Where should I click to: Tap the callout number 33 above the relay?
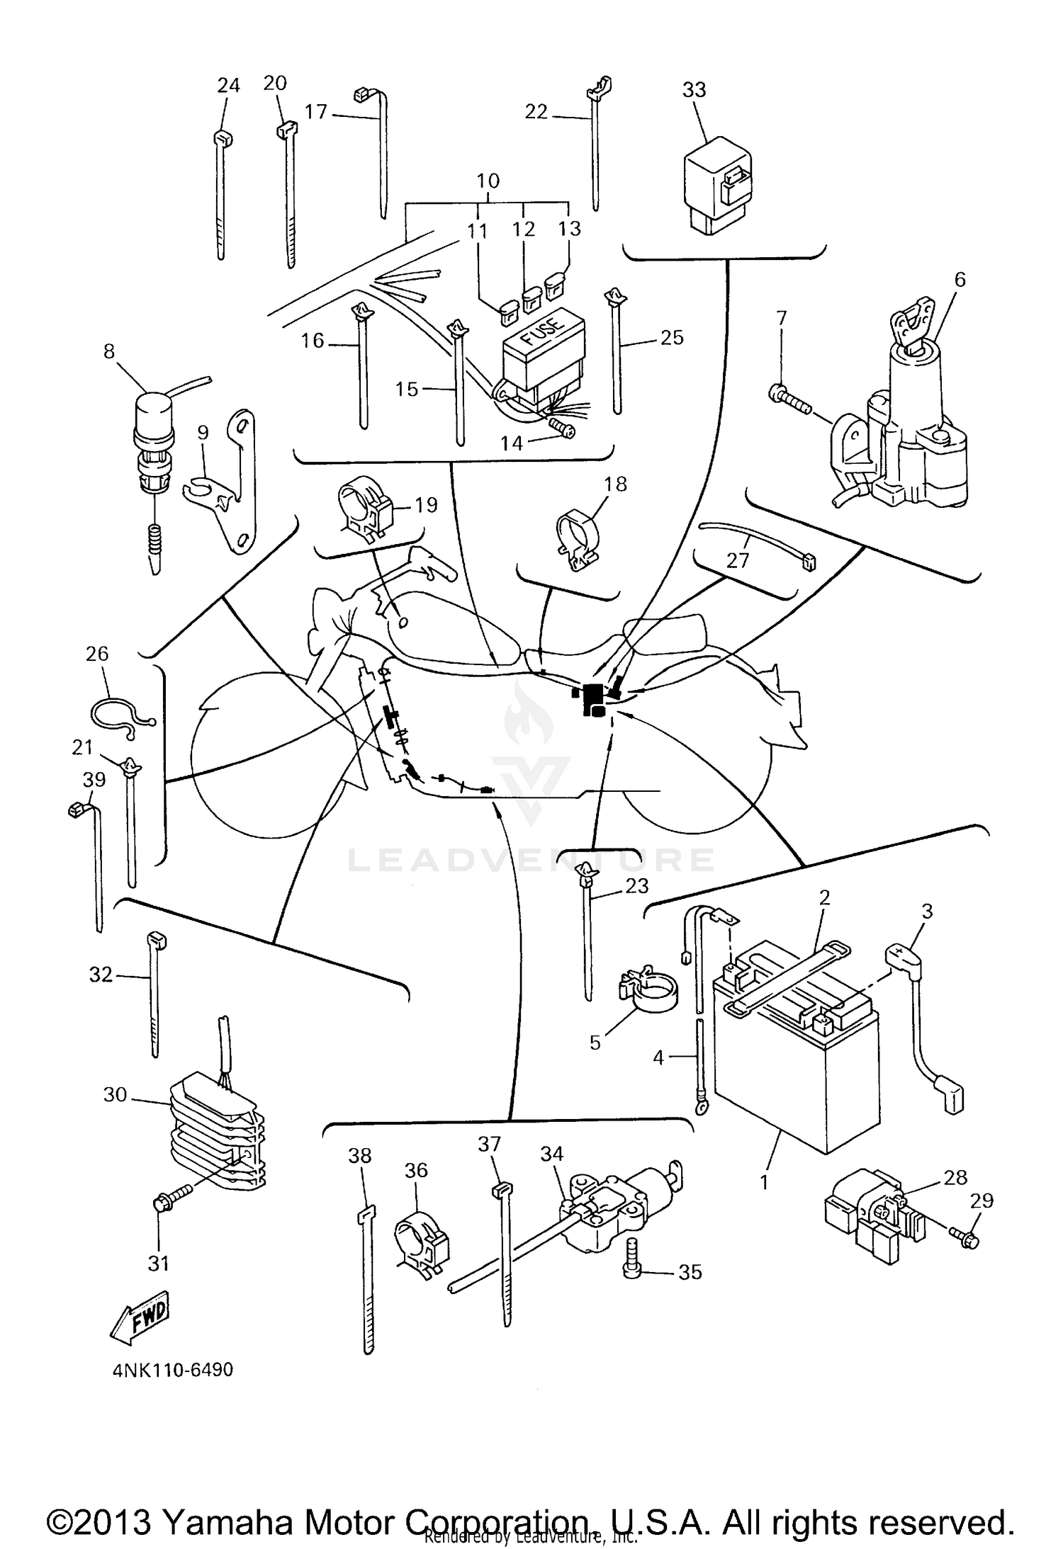pos(694,90)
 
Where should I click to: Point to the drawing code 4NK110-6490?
pos(173,1370)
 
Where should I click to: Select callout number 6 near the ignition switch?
pos(960,279)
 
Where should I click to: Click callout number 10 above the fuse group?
pos(488,181)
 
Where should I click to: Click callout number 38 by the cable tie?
pos(360,1155)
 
